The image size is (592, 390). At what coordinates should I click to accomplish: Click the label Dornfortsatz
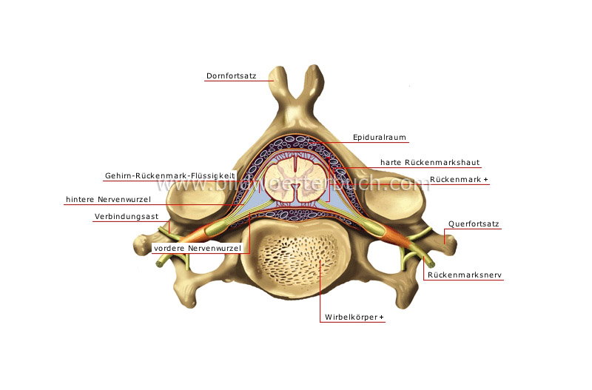pyautogui.click(x=231, y=75)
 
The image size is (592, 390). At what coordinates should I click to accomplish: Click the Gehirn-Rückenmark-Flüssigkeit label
pyautogui.click(x=169, y=175)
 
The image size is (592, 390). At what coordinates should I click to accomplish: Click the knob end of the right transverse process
pyautogui.click(x=447, y=238)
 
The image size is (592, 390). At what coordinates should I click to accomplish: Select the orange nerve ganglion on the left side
pyautogui.click(x=194, y=237)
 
